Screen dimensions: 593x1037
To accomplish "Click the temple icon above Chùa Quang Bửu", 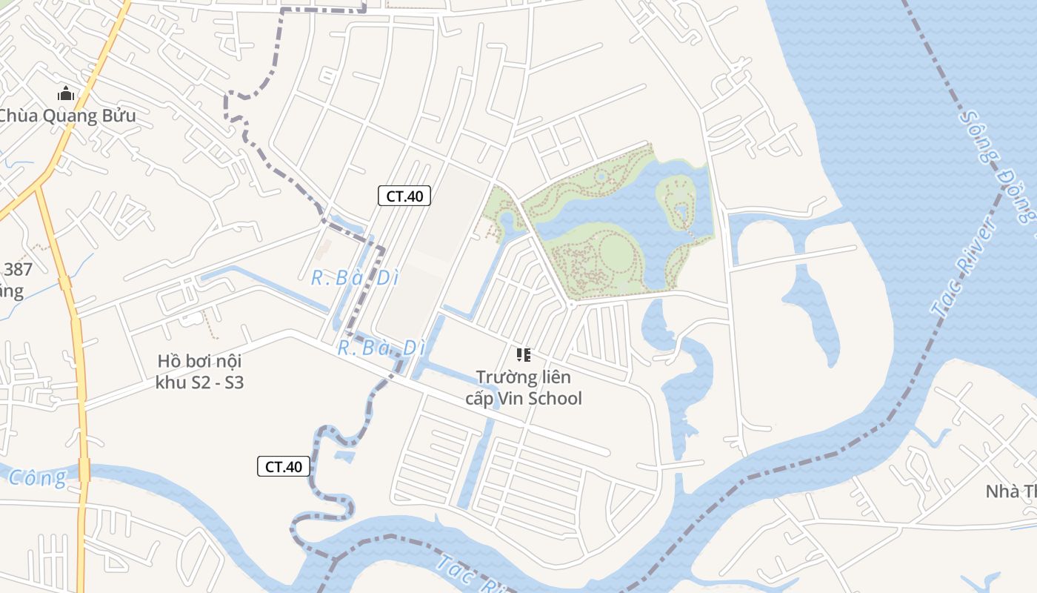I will coord(66,94).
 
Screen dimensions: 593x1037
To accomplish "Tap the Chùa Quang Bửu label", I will coord(67,116).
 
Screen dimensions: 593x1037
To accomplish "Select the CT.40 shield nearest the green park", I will coord(404,196).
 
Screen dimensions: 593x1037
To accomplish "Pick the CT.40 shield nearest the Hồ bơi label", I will coord(284,466).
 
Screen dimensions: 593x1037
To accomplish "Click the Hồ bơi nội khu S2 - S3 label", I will coord(199,372).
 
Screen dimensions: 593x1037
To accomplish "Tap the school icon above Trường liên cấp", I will coord(524,355).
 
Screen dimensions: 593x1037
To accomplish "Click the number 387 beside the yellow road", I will coord(18,269).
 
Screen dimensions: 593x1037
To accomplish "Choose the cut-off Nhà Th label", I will coord(1010,491).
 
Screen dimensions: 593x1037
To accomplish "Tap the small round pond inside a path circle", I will coord(601,177).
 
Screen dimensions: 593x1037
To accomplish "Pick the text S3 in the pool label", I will coord(233,383).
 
